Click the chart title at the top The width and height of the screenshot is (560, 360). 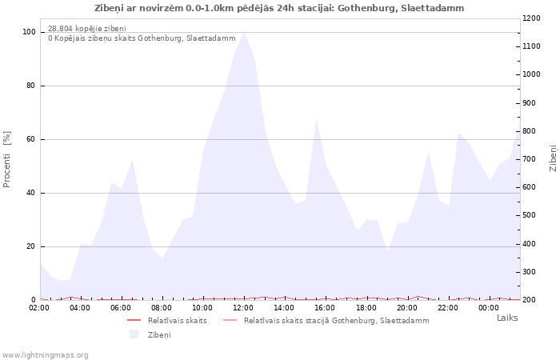(279, 8)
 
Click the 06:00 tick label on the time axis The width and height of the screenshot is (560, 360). (121, 307)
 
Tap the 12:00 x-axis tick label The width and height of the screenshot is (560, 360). (243, 307)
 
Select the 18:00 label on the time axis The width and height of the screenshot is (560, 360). (366, 307)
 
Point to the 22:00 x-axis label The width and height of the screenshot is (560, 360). (447, 307)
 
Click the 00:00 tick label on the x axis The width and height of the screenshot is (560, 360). (488, 307)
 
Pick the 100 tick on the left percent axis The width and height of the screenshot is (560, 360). (29, 32)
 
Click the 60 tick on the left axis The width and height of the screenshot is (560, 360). (31, 139)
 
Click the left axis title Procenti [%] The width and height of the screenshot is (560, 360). (7, 159)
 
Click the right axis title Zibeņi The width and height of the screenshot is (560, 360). (553, 158)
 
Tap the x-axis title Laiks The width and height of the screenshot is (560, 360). (507, 318)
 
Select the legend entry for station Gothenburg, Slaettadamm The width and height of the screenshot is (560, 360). (336, 321)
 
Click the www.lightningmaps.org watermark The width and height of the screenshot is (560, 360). (45, 354)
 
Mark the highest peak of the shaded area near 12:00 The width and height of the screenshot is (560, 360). (244, 32)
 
